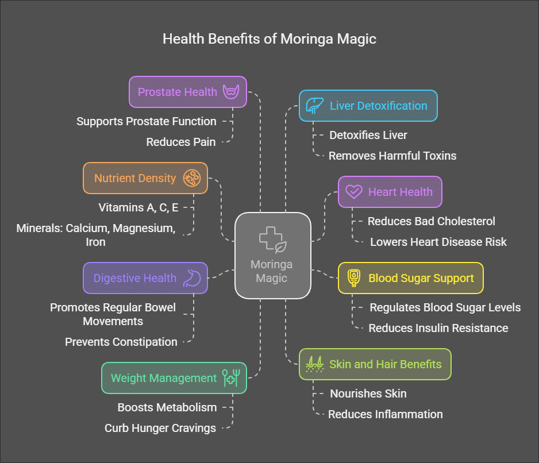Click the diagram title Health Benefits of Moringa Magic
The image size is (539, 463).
[x=269, y=39]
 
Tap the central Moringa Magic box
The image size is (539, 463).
[x=272, y=255]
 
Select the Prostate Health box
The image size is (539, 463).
[x=188, y=92]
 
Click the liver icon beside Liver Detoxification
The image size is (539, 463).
[x=313, y=106]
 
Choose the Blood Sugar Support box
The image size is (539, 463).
[x=410, y=278]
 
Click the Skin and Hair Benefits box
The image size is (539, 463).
[x=375, y=364]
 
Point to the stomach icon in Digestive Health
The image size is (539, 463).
[x=191, y=278]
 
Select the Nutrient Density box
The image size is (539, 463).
[x=145, y=178]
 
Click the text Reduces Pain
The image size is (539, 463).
[x=181, y=142]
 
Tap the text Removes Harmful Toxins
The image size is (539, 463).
[x=392, y=156]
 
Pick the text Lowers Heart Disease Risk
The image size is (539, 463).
[x=438, y=242]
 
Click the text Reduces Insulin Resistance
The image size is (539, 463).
[x=438, y=328]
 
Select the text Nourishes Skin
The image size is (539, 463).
[x=368, y=393]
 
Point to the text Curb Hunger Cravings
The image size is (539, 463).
[x=160, y=428]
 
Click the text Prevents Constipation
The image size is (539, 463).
[x=121, y=342]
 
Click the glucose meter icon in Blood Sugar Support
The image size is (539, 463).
[x=355, y=278]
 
